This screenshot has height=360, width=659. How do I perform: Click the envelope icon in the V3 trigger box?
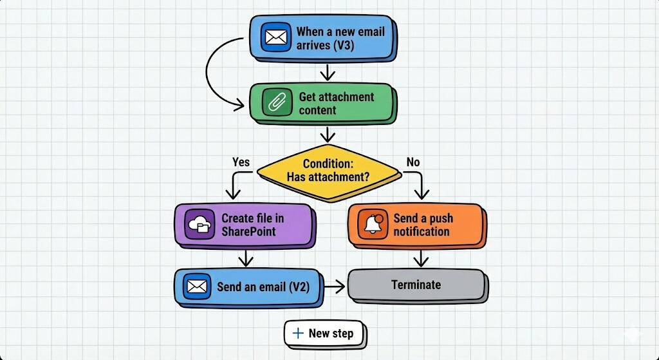[x=276, y=37]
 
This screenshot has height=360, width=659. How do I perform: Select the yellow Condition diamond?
[x=328, y=170]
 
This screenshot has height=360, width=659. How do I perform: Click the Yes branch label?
[x=241, y=162]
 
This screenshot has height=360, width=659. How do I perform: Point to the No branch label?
[x=413, y=162]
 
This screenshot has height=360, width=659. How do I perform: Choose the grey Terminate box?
[x=416, y=285]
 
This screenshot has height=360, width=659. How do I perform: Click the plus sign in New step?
[x=298, y=333]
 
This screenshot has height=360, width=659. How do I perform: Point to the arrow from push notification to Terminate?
[x=420, y=259]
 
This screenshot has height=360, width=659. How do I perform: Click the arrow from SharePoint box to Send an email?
[x=245, y=259]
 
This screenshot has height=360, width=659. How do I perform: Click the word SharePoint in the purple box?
[x=248, y=231]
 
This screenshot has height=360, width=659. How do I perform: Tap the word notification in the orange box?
[x=422, y=231]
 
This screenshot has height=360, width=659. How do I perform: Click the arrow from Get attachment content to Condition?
[x=329, y=134]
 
